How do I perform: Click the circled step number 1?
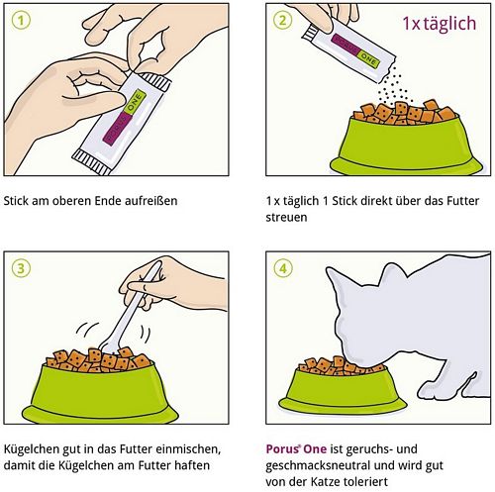pyautogui.click(x=21, y=21)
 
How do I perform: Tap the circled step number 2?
pyautogui.click(x=283, y=21)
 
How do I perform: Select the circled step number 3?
pyautogui.click(x=21, y=268)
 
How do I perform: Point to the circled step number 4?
pyautogui.click(x=283, y=268)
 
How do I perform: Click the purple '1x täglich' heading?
pyautogui.click(x=440, y=23)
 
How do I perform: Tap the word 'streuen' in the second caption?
pyautogui.click(x=286, y=218)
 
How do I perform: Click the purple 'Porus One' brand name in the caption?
pyautogui.click(x=296, y=449)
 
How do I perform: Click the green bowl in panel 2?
pyautogui.click(x=406, y=145)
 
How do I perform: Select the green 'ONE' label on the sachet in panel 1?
pyautogui.click(x=134, y=103)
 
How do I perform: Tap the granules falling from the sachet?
pyautogui.click(x=393, y=86)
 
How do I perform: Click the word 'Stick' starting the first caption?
pyautogui.click(x=15, y=201)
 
